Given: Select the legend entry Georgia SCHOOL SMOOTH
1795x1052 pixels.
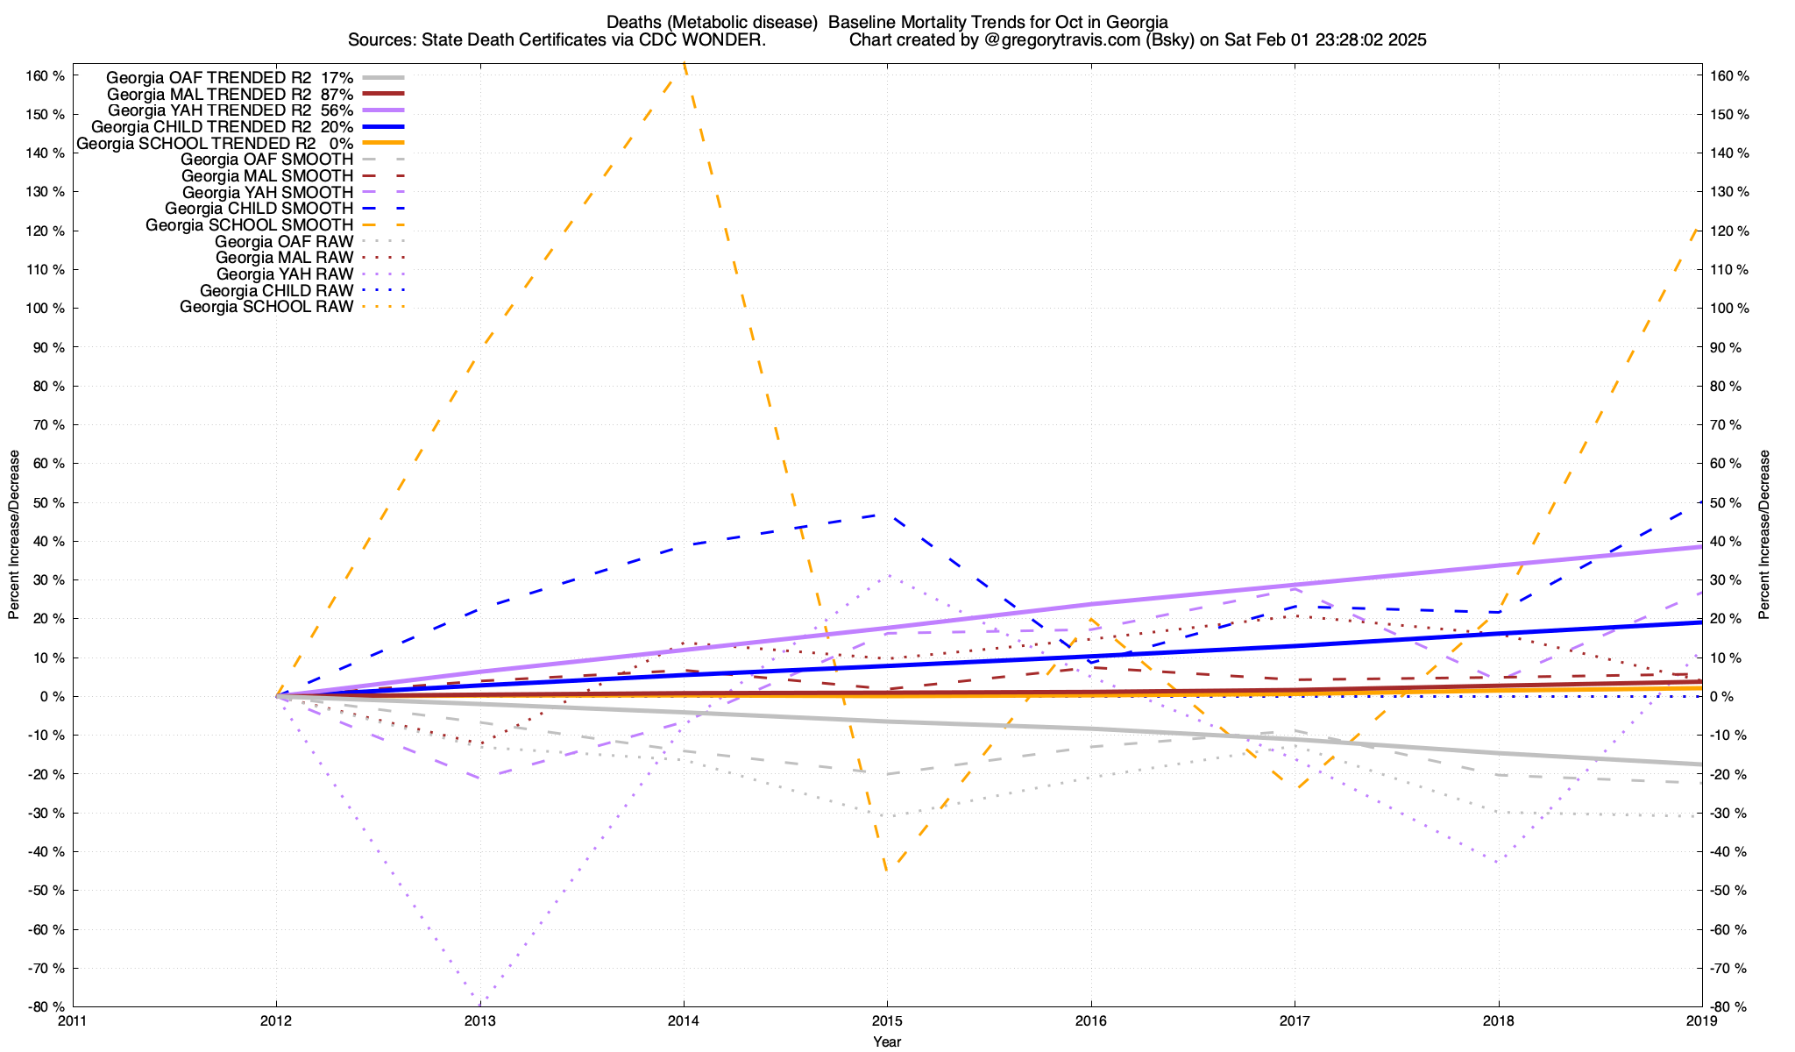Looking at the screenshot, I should pyautogui.click(x=249, y=225).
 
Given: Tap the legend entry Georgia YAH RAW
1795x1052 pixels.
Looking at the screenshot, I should pyautogui.click(x=285, y=274).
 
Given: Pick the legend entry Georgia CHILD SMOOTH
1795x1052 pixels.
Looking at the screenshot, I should pyautogui.click(x=259, y=209).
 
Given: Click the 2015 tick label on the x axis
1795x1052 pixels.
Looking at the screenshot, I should pyautogui.click(x=887, y=1020).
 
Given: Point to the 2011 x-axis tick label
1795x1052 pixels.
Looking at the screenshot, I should pyautogui.click(x=73, y=1020).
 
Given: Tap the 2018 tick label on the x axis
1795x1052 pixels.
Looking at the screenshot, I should pyautogui.click(x=1498, y=1020).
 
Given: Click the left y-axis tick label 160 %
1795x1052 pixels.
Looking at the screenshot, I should pyautogui.click(x=46, y=76).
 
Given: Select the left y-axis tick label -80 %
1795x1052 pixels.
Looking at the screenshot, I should pyautogui.click(x=46, y=1006).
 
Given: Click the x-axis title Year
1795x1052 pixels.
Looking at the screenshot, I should pyautogui.click(x=887, y=1041).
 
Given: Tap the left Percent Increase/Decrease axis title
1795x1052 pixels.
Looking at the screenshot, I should pyautogui.click(x=14, y=535).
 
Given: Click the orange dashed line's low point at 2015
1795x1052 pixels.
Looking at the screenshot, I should pyautogui.click(x=887, y=871).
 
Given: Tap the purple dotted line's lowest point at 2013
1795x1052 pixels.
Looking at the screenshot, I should pyautogui.click(x=480, y=1002).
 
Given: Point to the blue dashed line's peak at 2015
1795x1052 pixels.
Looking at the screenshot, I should pyautogui.click(x=887, y=515).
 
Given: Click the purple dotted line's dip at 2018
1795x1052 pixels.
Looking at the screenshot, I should pyautogui.click(x=1498, y=862).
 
